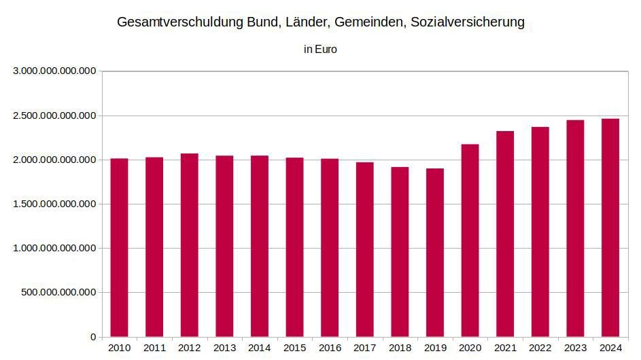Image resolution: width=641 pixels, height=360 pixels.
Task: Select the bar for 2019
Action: [435, 253]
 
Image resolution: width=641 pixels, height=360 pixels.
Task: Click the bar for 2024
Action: [610, 228]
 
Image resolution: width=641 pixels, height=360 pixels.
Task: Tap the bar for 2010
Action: [120, 248]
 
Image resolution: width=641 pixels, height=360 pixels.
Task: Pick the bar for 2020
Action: [470, 240]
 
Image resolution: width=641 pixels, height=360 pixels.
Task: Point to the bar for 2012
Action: [189, 245]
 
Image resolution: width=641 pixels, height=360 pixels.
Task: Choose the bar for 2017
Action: [364, 250]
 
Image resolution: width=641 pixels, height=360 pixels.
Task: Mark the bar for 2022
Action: [540, 232]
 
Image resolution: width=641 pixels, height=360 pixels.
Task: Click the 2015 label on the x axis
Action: [295, 348]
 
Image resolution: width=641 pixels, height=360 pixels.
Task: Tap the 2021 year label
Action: [505, 348]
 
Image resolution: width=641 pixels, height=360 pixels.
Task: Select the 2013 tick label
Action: [224, 348]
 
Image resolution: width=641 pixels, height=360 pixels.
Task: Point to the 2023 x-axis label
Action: [575, 348]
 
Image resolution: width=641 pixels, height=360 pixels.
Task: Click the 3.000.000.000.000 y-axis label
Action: [55, 71]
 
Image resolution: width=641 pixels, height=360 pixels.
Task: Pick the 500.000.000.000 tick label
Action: [59, 293]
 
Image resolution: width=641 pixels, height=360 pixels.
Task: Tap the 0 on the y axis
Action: [94, 337]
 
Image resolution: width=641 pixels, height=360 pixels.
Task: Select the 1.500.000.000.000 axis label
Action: [55, 204]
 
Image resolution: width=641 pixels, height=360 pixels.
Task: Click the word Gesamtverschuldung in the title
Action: [180, 22]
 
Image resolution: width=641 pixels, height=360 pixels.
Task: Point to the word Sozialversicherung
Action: [468, 22]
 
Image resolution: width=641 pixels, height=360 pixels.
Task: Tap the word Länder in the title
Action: [308, 22]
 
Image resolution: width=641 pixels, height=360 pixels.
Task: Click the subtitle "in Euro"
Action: [321, 50]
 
